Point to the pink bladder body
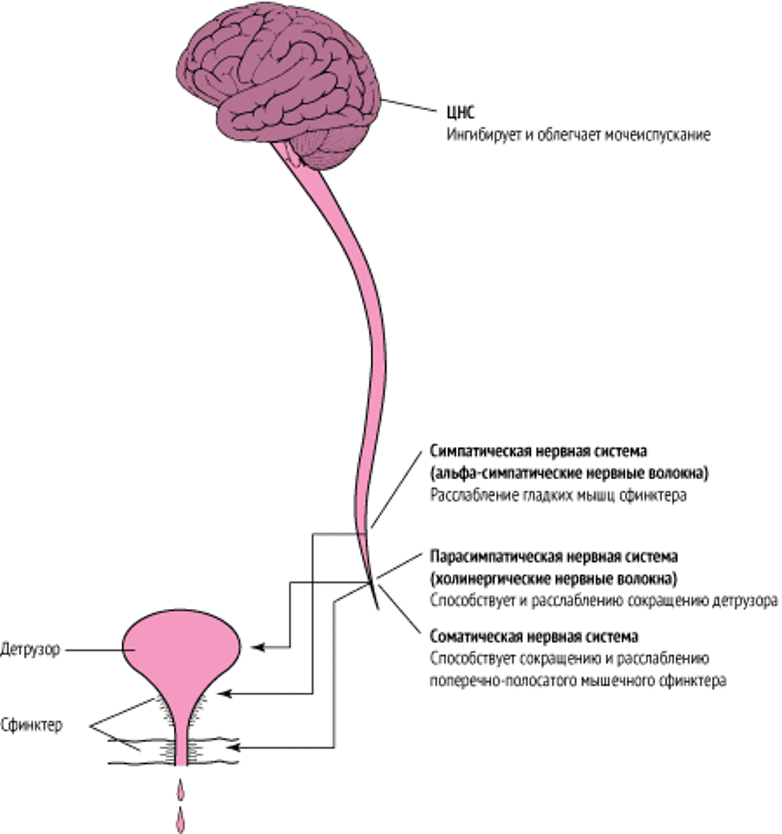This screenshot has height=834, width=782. point(180,648)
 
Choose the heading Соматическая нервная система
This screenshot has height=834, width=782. point(534,637)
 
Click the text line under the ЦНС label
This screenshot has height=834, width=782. point(578,135)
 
